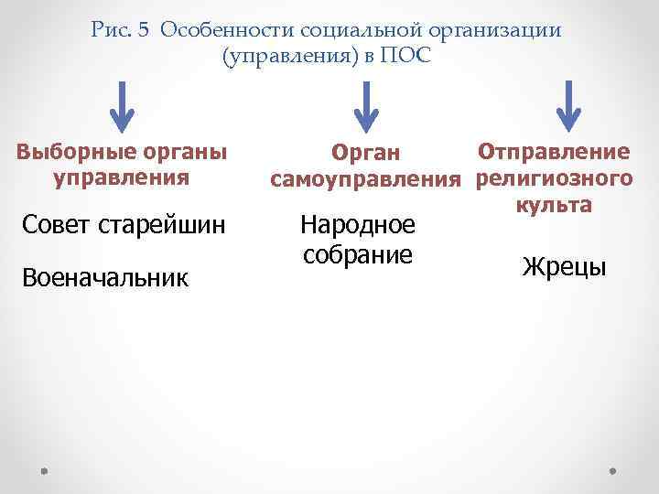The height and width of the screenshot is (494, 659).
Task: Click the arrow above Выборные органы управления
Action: click(122, 107)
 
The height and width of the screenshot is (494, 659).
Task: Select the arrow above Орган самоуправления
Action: click(366, 107)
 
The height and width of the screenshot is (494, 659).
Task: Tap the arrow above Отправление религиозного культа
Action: click(570, 107)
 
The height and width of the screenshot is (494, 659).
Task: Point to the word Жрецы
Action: click(564, 267)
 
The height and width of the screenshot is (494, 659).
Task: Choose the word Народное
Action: click(358, 225)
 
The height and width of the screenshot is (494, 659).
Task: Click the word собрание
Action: click(358, 254)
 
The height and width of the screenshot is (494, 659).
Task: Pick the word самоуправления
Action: click(369, 178)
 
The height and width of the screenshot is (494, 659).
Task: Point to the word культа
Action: click(555, 203)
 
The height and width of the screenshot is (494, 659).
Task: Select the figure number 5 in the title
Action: click(144, 31)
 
